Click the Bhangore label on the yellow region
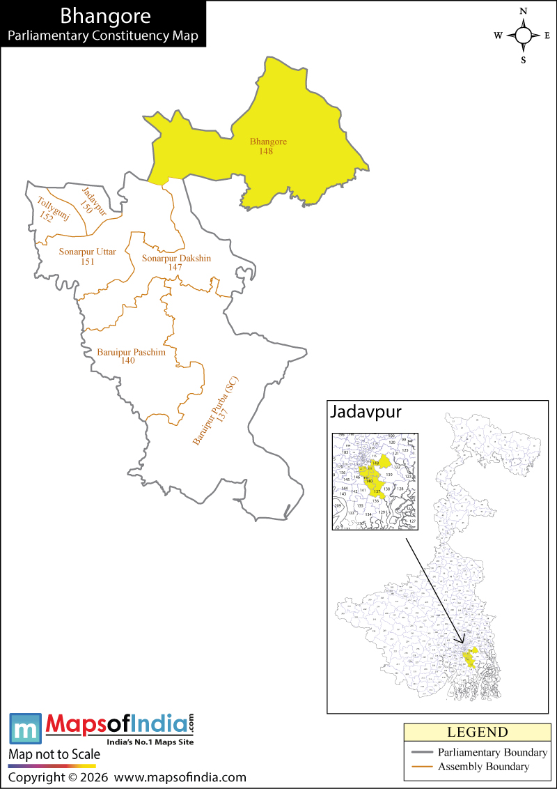(x=268, y=141)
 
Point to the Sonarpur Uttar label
(x=87, y=252)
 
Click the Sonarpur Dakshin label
(x=176, y=258)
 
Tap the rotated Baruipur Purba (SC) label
(x=216, y=411)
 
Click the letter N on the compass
(x=524, y=11)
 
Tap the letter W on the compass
(x=499, y=36)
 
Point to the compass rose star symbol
(x=524, y=36)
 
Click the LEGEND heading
(x=477, y=732)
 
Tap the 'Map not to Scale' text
(x=54, y=754)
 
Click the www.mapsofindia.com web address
(x=180, y=776)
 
